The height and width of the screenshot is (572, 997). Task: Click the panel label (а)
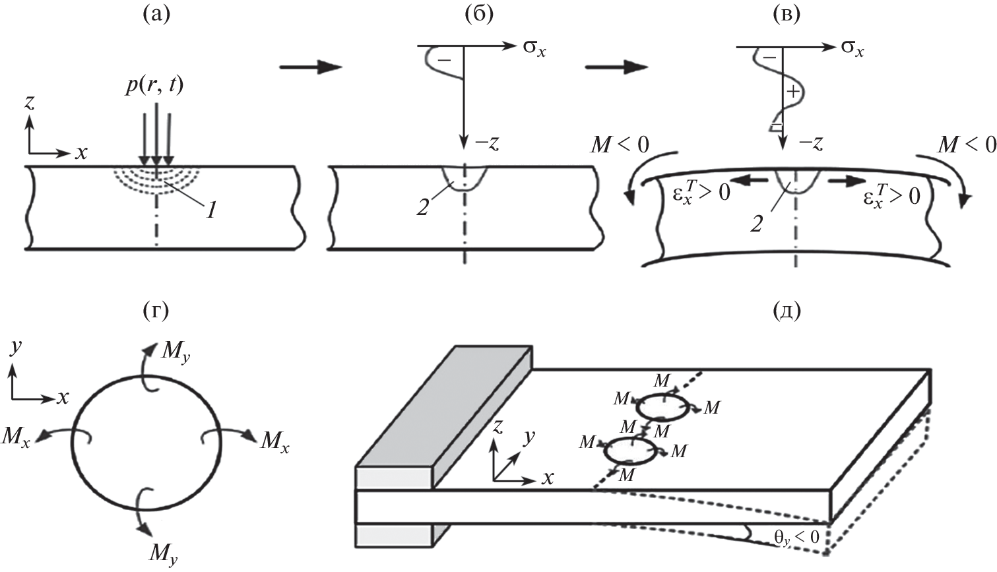pyautogui.click(x=156, y=15)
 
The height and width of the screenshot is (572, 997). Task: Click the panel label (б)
pyautogui.click(x=480, y=15)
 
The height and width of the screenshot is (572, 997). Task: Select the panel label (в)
pyautogui.click(x=785, y=15)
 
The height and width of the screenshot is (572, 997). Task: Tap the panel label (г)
pyautogui.click(x=156, y=311)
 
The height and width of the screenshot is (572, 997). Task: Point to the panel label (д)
pyautogui.click(x=785, y=311)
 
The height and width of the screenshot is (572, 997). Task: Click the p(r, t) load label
pyautogui.click(x=155, y=86)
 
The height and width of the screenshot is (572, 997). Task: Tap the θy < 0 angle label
pyautogui.click(x=795, y=537)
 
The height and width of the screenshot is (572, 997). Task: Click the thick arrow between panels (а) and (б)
pyautogui.click(x=310, y=67)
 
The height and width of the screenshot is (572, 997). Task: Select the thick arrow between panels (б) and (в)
pyautogui.click(x=615, y=67)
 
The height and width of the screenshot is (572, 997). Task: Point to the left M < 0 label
pyautogui.click(x=620, y=143)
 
